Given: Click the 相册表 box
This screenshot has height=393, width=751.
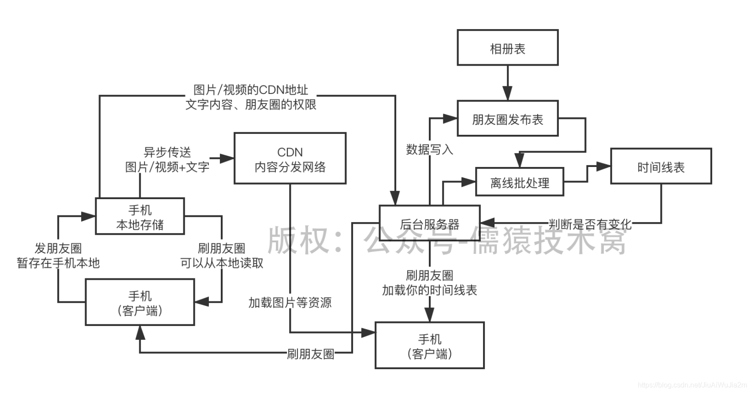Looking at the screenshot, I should coord(507,48).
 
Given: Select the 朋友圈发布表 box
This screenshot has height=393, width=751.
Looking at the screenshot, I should coord(507,119).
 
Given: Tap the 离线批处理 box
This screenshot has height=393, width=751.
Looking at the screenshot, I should coord(520,182).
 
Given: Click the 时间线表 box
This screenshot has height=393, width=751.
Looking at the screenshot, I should coord(661,167).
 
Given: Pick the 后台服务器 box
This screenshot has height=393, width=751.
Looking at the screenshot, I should coord(429,224).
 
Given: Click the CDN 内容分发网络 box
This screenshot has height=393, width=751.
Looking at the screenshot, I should coord(290,159).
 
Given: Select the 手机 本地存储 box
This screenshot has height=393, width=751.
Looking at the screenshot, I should coord(140,216).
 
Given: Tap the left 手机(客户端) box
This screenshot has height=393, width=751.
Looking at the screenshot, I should coord(140,302).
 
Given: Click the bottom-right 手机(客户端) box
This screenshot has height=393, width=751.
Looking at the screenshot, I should coord(429,345).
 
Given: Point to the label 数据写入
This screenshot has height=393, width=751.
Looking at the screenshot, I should coord(429,150).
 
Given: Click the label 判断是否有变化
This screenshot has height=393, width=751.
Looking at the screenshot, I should coord(590,224).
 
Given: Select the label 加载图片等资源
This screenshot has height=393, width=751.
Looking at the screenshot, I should coord(290,303).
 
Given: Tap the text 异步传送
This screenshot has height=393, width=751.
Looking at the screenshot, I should coord(167,152).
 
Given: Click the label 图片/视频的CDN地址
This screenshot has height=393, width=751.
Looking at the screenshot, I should coord(251,90).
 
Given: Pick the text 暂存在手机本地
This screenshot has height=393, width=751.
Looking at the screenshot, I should coord(58,263).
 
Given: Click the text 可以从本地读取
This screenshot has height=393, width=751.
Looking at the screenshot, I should coord(222,263).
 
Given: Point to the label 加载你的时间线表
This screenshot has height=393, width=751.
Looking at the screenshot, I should coord(429,290).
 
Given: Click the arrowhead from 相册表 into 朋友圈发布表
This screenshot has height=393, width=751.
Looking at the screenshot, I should coord(507,93).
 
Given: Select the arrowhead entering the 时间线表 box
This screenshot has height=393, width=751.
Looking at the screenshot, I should coord(603,167).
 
